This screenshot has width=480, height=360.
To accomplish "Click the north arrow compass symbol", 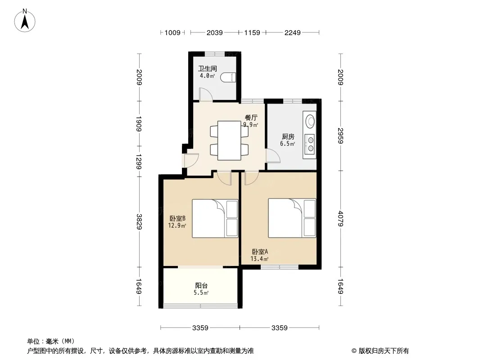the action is click(25, 21).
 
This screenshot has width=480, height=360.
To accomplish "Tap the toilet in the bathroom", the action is click(228, 78).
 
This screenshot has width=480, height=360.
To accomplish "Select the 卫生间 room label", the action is click(207, 68).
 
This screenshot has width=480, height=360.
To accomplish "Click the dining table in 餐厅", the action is click(229, 140).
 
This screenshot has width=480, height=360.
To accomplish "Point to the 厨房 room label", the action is click(288, 137).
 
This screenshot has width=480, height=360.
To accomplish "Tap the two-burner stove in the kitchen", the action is click(310, 144).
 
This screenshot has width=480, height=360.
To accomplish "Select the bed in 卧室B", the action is click(215, 218).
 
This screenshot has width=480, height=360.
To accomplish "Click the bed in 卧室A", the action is click(292, 218).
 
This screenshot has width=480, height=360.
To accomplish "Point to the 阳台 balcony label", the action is click(201, 285).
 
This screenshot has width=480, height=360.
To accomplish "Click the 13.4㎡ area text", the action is click(260, 259).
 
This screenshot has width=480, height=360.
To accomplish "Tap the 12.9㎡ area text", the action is click(177, 226).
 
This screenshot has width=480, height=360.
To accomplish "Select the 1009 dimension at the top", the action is click(172, 32).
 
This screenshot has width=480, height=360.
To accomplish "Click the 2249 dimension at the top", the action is click(292, 32).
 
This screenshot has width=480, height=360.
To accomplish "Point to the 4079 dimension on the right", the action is click(340, 219).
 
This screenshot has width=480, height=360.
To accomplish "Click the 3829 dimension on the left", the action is click(139, 221).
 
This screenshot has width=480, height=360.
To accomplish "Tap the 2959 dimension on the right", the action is click(340, 135).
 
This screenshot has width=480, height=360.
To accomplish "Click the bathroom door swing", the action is click(206, 94).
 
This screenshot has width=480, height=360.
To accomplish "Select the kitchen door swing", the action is click(273, 155).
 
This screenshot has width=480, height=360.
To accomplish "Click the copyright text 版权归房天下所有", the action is click(384, 351).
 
